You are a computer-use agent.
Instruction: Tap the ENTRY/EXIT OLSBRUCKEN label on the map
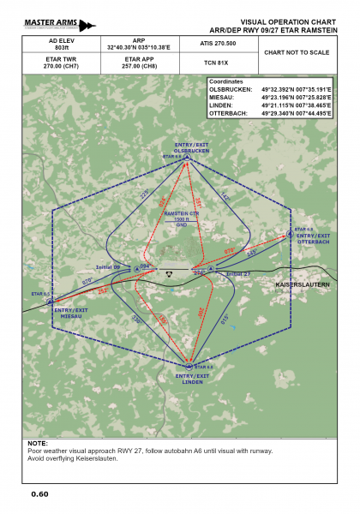coord(191,148)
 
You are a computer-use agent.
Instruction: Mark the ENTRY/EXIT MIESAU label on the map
coord(70,312)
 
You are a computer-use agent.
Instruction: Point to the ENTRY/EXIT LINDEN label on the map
coord(192,379)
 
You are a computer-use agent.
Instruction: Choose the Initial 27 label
coord(241,274)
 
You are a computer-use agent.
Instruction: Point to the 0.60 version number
coord(39,494)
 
